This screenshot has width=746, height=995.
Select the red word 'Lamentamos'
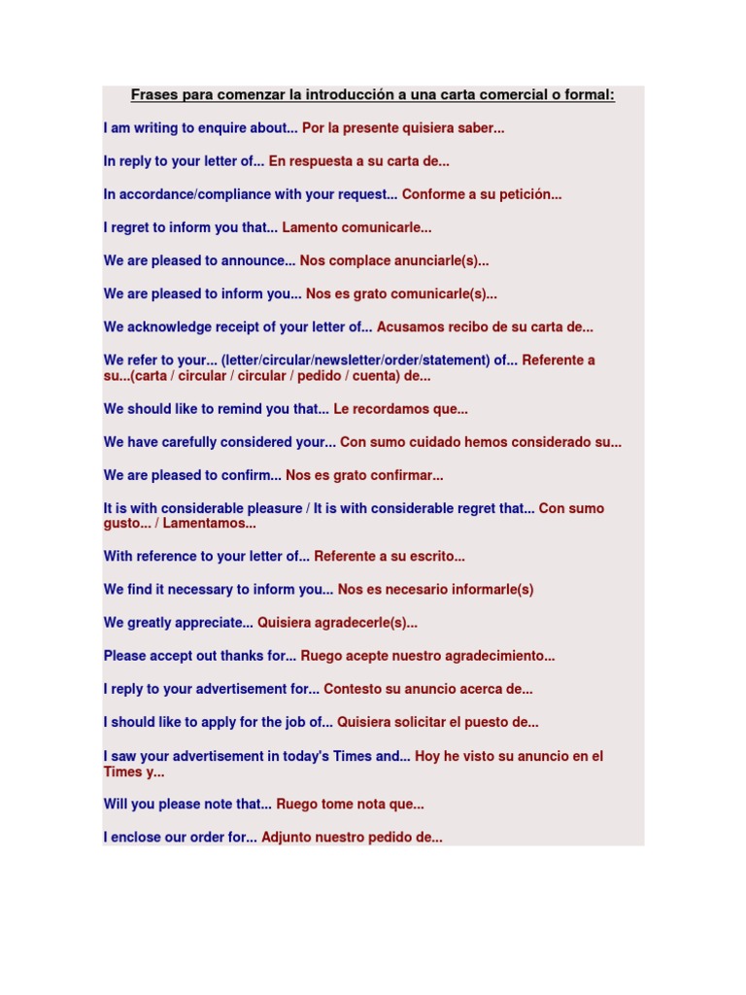[x=210, y=524]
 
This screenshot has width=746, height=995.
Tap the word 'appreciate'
[x=220, y=623]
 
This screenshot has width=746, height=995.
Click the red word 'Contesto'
[x=351, y=689]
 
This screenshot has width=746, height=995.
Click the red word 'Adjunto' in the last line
[x=288, y=837]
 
